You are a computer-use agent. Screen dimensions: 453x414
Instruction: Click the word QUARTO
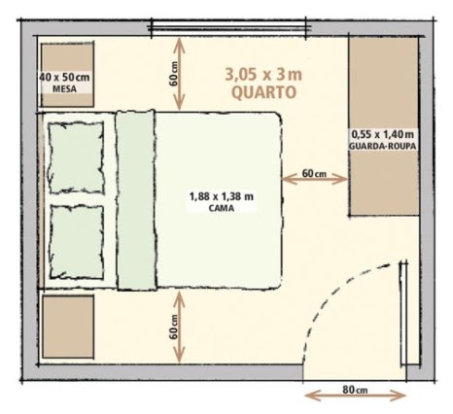pos(264,92)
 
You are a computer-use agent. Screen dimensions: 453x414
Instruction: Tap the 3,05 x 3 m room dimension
pos(263,75)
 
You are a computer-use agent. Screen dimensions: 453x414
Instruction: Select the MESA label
pos(64,89)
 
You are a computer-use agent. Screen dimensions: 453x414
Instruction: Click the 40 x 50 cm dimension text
pos(64,78)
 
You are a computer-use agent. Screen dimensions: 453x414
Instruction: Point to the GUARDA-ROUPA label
pos(382,146)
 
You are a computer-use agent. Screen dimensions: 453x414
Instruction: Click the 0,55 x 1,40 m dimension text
pos(383,134)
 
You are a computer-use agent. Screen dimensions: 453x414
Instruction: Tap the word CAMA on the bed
pos(222,208)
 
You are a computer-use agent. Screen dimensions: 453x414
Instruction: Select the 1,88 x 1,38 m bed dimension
pos(222,196)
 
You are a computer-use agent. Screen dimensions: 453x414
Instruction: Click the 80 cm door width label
pos(355,390)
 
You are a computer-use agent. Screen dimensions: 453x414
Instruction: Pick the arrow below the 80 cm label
pos(356,396)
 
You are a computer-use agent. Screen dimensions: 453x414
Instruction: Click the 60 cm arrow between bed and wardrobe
pos(315,179)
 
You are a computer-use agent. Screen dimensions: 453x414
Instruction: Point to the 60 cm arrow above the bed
pos(179,74)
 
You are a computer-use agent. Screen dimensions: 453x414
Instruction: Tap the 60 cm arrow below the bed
pos(179,327)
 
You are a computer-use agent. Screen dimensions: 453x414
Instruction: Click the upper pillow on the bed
pos(77,157)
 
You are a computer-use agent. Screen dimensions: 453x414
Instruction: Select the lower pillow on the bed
pos(77,242)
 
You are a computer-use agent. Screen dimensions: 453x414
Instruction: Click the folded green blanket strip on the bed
pos(136,200)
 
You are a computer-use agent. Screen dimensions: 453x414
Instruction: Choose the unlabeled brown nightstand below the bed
pos(68,327)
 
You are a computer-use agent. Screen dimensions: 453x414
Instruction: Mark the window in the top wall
pos(228,28)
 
